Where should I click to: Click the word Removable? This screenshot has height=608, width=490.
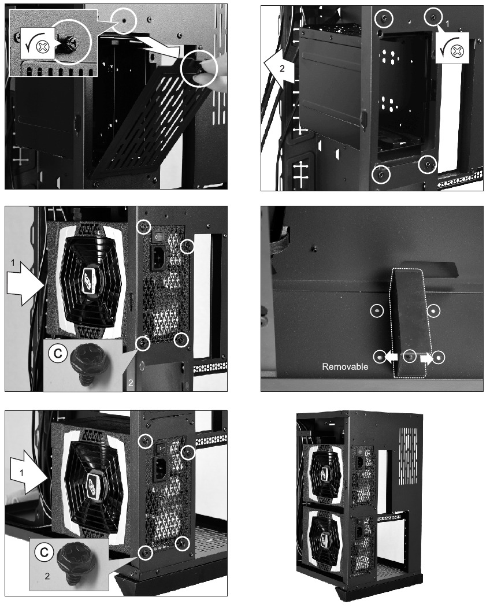coord(344,366)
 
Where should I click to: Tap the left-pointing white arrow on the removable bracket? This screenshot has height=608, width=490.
coord(391,357)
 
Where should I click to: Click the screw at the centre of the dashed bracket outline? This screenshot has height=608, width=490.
coord(409,357)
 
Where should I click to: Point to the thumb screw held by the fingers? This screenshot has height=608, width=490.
coord(198,68)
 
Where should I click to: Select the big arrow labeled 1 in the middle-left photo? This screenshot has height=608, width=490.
coord(23,285)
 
